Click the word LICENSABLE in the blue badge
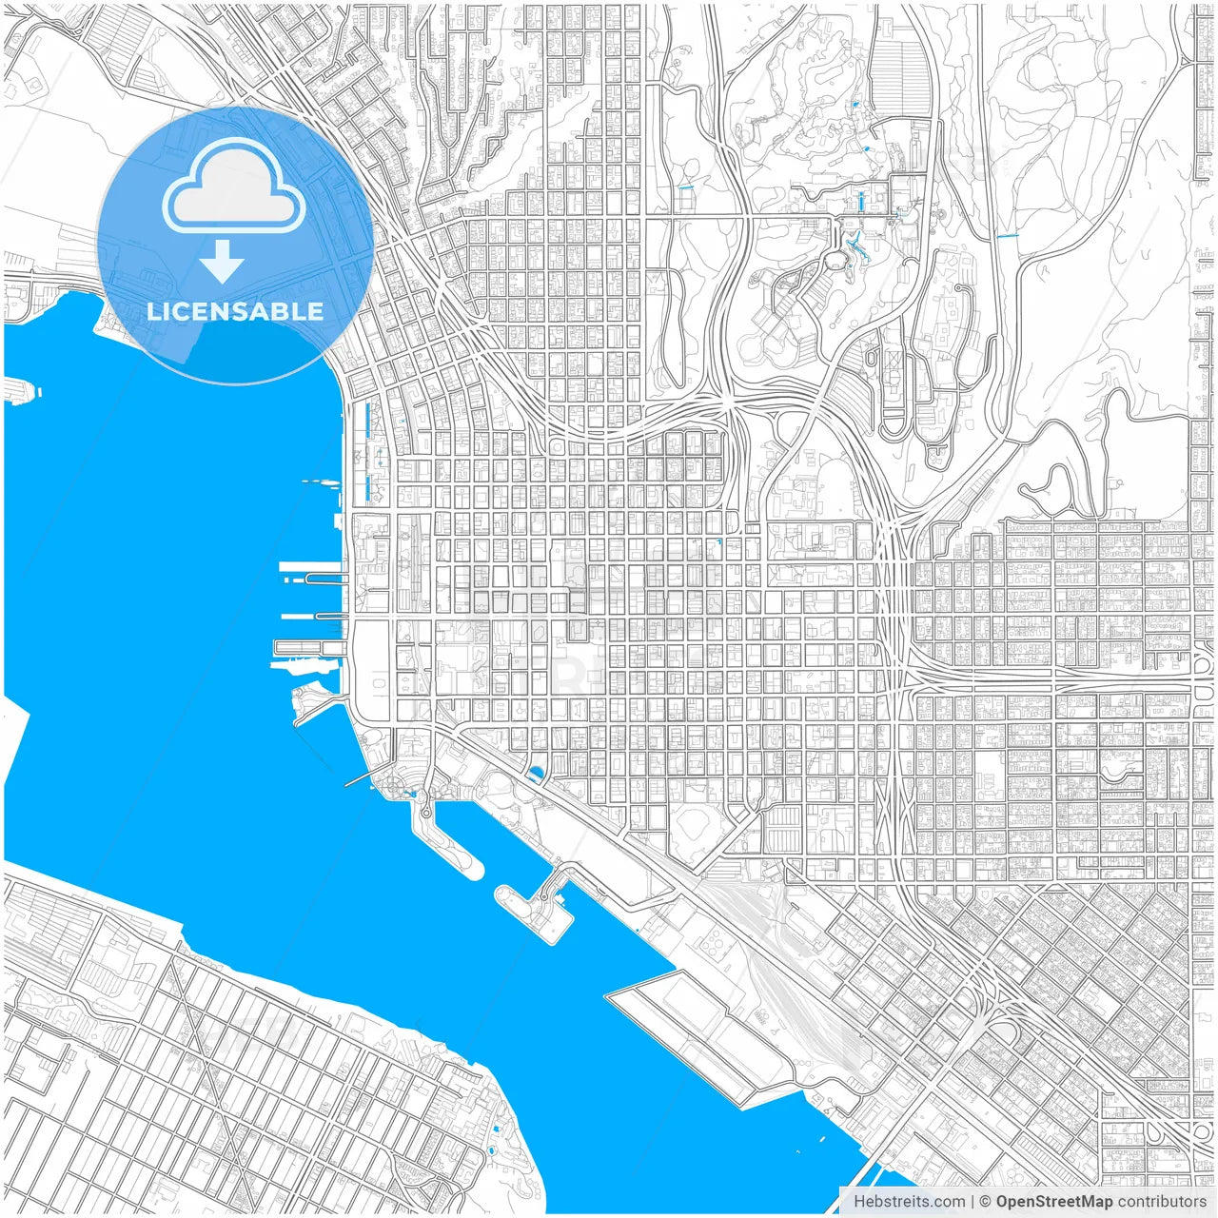[235, 311]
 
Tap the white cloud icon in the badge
[234, 186]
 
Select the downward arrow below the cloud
[222, 262]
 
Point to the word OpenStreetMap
[1053, 1202]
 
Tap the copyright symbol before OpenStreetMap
[986, 1202]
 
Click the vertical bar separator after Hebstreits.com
[972, 1202]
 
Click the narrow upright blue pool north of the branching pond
[861, 201]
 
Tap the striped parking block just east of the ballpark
[786, 829]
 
